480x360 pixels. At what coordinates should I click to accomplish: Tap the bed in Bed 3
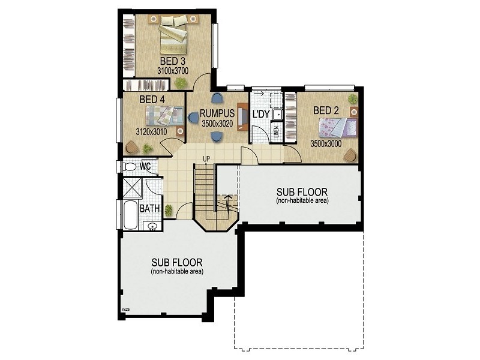click(x=174, y=33)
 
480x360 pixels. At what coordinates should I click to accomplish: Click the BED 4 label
click(x=152, y=99)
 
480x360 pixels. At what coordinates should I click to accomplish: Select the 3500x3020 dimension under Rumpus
click(x=218, y=124)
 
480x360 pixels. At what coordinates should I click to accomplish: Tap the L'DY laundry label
click(x=260, y=114)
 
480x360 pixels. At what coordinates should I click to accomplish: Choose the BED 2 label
click(x=326, y=110)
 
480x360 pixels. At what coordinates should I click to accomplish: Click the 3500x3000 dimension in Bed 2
click(x=326, y=144)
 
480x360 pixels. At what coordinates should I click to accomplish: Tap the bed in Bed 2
click(x=337, y=127)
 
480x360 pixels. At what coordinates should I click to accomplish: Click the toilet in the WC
click(x=129, y=166)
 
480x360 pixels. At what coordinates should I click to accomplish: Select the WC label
click(x=145, y=166)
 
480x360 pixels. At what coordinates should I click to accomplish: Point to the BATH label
click(x=149, y=209)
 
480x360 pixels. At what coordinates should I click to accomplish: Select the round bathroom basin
click(x=152, y=227)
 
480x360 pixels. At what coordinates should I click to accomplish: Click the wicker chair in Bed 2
click(x=350, y=155)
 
